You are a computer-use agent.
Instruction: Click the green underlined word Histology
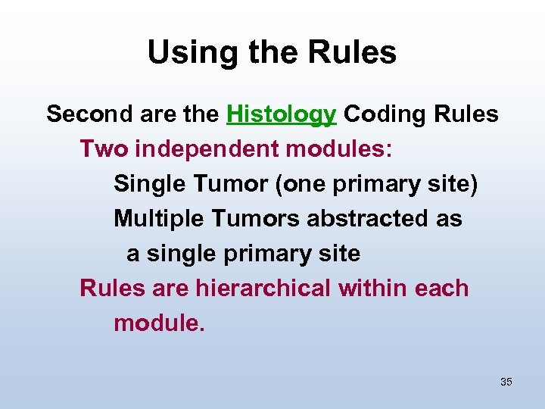(x=281, y=114)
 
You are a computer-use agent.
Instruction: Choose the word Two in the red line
(x=104, y=149)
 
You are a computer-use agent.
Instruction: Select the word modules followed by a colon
(x=339, y=149)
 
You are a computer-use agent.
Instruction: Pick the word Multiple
(x=160, y=219)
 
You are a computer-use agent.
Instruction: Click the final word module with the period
(x=159, y=323)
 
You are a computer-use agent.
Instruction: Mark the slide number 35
(x=506, y=382)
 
